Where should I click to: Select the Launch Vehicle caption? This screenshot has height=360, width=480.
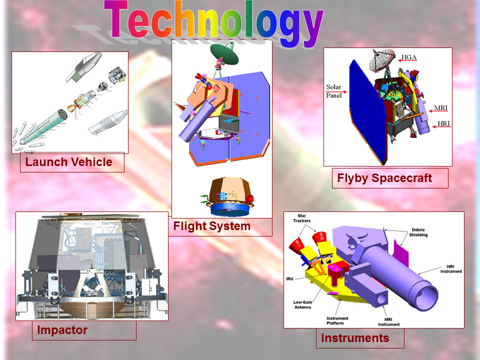click(x=68, y=162)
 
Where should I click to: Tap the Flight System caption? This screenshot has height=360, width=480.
click(x=212, y=226)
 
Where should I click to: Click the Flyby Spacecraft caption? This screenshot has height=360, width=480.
click(x=384, y=178)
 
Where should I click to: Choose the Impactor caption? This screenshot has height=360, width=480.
click(x=62, y=330)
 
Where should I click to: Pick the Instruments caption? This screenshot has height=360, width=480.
click(x=355, y=338)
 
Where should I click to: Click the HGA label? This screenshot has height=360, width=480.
click(x=409, y=57)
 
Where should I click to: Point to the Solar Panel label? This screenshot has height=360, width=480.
click(x=333, y=91)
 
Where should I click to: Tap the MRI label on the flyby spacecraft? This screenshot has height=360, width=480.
click(x=441, y=108)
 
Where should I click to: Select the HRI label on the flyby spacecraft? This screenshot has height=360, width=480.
click(x=443, y=123)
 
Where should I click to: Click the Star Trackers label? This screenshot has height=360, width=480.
click(x=301, y=218)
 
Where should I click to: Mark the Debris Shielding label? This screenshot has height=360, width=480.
click(x=418, y=232)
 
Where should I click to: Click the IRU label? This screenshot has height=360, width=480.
click(x=289, y=279)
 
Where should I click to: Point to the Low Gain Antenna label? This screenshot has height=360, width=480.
click(x=303, y=304)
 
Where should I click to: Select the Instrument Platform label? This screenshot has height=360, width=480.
click(x=337, y=320)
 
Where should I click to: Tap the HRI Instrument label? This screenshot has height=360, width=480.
click(x=451, y=269)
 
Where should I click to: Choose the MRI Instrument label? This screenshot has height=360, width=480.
click(x=389, y=321)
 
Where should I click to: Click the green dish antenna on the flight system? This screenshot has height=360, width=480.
click(x=224, y=54)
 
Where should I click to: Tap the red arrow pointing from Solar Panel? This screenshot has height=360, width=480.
click(x=341, y=92)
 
